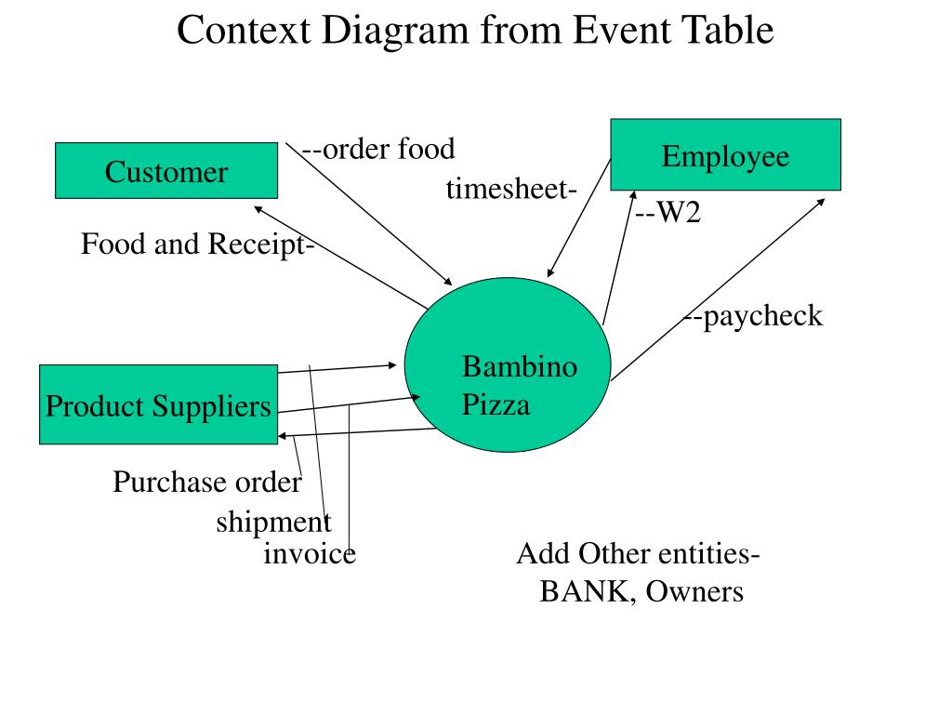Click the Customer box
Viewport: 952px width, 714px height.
coord(166,171)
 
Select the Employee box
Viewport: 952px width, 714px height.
coord(725,155)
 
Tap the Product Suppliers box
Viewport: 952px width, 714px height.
coord(158,404)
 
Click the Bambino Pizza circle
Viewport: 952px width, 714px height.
coord(508,364)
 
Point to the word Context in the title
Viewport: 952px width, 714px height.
coord(244,30)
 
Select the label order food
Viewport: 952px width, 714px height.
coord(389,149)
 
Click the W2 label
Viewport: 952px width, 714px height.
coord(679,212)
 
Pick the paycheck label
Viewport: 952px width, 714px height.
coord(762,316)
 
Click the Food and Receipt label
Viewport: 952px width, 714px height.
coord(193,245)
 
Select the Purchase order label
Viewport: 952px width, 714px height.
coord(207,483)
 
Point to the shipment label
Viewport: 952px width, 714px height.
coord(274,522)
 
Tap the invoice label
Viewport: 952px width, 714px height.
coord(310,553)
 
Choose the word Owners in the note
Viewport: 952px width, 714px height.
coord(694,591)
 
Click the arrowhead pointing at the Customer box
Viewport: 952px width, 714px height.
coord(258,209)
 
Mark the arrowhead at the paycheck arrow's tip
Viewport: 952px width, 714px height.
coord(821,202)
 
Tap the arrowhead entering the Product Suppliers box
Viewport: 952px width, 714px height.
coord(283,436)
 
